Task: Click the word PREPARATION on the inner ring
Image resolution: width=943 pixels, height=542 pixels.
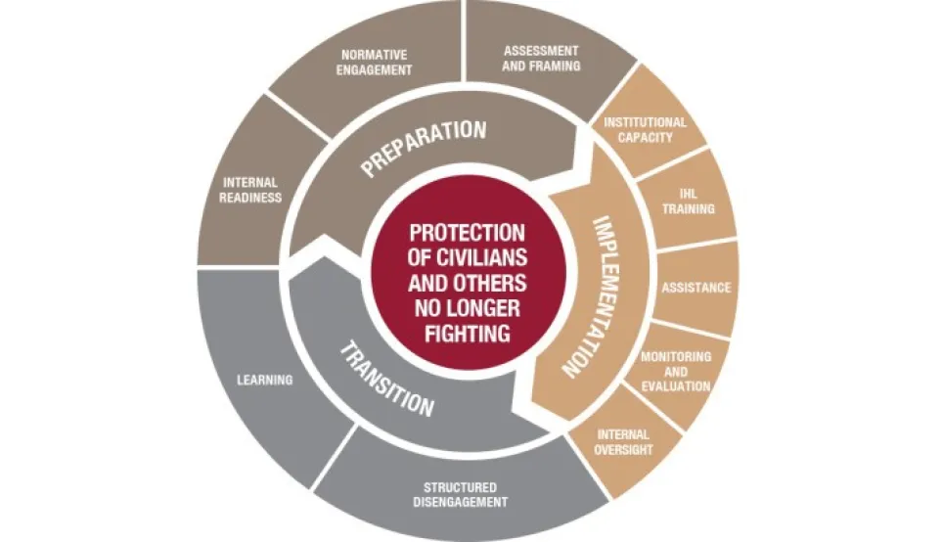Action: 423,147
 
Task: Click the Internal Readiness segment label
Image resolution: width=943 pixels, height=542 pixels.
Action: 251,190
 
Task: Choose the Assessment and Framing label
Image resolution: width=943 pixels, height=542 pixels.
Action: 541,58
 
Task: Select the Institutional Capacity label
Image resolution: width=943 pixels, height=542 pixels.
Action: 645,129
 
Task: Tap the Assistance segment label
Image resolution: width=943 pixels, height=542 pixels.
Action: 696,288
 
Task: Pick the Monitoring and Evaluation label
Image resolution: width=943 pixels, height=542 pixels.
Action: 675,371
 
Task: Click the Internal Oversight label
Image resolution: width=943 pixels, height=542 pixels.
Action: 623,442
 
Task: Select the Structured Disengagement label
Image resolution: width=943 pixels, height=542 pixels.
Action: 460,494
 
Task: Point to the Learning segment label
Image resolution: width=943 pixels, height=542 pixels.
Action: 264,380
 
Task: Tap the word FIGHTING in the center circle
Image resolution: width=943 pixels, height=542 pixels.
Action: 467,333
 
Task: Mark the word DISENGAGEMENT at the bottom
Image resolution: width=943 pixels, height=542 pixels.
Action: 460,502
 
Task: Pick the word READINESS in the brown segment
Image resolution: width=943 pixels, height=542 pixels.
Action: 251,197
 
